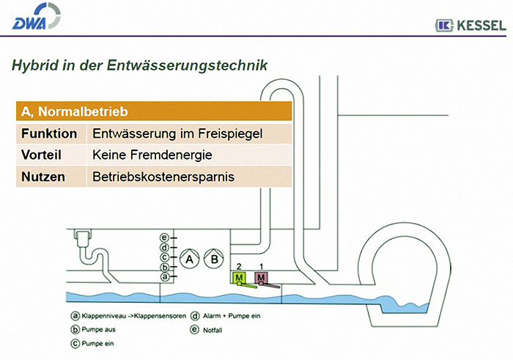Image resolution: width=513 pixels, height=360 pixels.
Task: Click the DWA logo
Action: point(36,16)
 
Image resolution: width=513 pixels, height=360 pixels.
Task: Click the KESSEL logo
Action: point(470,25)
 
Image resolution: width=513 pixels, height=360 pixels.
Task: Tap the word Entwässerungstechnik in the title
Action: point(187,65)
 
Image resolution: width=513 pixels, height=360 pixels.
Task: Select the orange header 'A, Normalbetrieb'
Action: point(154,111)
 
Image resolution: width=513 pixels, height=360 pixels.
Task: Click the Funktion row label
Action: point(49,133)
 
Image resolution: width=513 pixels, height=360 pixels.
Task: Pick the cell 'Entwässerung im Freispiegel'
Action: point(177,133)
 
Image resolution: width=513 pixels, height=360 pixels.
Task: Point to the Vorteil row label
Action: point(41,155)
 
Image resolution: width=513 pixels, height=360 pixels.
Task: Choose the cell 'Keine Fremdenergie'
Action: point(152,155)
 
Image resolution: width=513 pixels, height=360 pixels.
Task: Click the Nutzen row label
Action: point(43,177)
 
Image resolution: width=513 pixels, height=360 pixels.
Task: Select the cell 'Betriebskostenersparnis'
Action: point(163,177)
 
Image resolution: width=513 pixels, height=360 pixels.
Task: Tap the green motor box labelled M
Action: point(239,278)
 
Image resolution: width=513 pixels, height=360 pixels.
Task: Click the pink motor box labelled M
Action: point(261,278)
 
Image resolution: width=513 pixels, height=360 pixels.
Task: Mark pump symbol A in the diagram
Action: point(189,259)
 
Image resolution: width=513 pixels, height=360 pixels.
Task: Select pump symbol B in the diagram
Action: point(214,259)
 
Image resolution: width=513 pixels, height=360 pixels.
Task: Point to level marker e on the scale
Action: point(164,238)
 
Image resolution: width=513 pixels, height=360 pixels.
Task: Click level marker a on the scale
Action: point(165,277)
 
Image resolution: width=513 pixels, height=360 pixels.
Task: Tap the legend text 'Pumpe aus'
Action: point(98,329)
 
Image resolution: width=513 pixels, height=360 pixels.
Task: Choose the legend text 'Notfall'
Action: point(213,330)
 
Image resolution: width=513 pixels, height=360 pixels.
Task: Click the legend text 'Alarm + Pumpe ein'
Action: point(232,316)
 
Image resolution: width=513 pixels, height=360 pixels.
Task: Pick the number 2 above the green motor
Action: point(239,266)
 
